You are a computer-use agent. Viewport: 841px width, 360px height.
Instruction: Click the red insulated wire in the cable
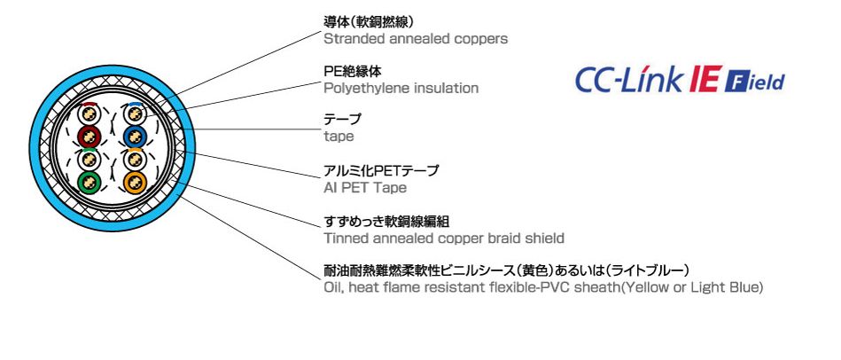pos(89,137)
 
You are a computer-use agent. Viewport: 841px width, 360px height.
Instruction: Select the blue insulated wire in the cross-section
pos(135,137)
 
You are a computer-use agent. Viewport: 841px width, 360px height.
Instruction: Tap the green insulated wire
pos(89,182)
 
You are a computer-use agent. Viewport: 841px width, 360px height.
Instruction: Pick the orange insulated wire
pos(135,182)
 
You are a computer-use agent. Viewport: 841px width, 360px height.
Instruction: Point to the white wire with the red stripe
pos(89,113)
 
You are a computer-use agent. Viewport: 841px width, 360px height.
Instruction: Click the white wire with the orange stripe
pos(135,160)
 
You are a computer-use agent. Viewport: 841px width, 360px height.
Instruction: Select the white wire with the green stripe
pos(89,160)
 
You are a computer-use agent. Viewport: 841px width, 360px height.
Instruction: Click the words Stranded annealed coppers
pos(416,39)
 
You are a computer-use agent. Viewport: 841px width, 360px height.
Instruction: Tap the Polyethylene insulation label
pos(401,88)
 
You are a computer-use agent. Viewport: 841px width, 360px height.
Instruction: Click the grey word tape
pos(339,137)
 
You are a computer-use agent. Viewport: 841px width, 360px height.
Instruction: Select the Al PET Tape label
pos(365,188)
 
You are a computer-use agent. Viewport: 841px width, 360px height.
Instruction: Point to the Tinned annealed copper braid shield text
pos(444,238)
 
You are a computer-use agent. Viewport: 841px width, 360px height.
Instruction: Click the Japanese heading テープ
pos(343,119)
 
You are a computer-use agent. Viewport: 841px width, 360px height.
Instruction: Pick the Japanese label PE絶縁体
pos(353,71)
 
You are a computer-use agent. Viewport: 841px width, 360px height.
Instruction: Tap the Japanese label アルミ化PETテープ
pos(381,170)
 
